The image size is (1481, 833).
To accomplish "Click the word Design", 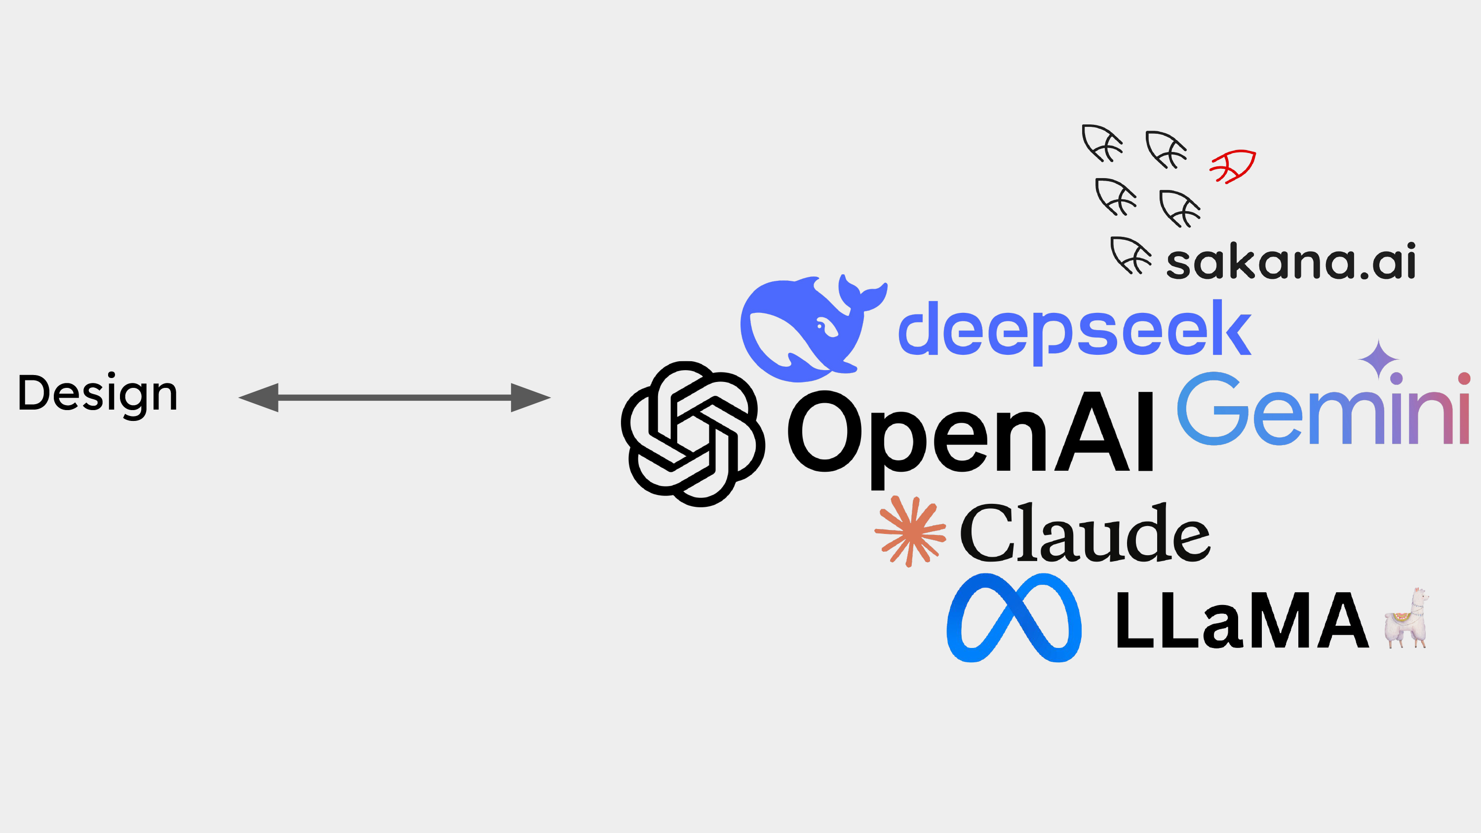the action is [98, 395].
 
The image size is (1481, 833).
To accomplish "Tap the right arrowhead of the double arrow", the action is [531, 397].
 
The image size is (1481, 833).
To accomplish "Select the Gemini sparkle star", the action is [1378, 359].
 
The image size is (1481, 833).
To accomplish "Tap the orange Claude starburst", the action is [910, 531].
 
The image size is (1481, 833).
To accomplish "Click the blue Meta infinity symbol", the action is [1014, 617].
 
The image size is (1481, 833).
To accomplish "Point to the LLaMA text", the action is [1242, 620].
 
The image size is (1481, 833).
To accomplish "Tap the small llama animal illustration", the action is [1407, 618].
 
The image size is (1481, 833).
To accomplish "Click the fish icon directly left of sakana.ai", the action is [1131, 255].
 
